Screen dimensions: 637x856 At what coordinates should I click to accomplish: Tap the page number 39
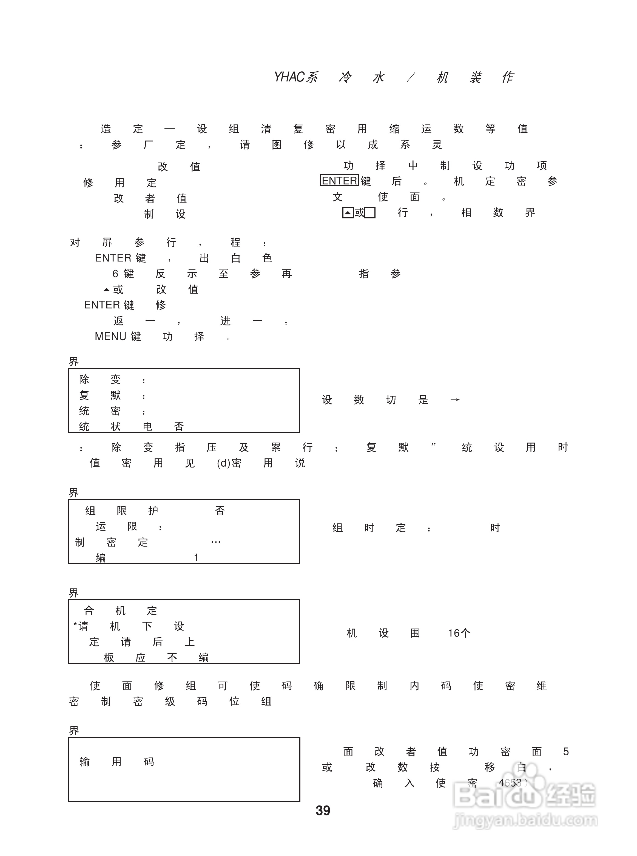tap(323, 810)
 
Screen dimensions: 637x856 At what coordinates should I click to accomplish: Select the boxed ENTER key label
tap(339, 181)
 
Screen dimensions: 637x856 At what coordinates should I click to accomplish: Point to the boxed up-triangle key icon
tap(348, 213)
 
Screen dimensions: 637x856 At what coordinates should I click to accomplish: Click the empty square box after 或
tap(370, 213)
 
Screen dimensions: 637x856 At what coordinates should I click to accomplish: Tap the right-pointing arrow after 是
tap(455, 400)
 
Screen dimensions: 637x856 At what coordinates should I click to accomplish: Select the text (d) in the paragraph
tap(224, 463)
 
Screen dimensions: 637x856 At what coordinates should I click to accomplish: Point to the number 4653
tap(510, 783)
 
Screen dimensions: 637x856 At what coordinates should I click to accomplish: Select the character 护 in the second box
tap(153, 511)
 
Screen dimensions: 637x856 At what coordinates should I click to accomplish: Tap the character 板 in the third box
tap(109, 658)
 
